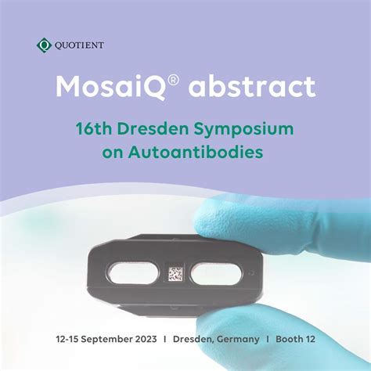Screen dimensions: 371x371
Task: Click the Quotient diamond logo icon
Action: pos(44,45)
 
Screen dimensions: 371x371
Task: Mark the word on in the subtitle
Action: pos(114,151)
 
